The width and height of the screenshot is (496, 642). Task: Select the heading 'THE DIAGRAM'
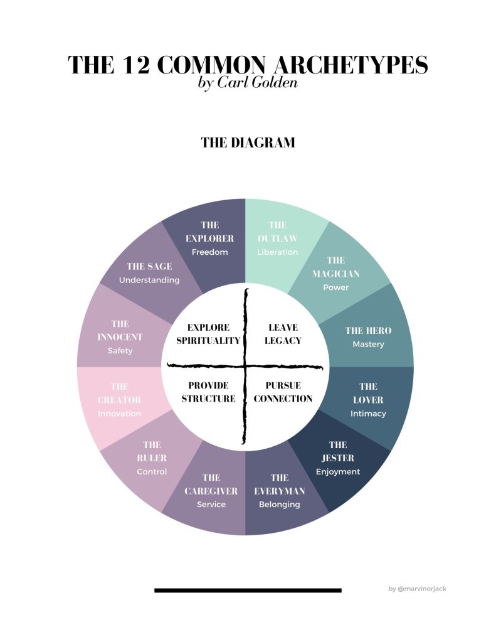pos(248,143)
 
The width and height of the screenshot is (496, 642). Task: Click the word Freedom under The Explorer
pos(209,252)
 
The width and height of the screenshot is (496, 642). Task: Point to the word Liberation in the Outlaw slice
pos(277,252)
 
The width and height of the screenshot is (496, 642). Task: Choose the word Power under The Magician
pos(335,287)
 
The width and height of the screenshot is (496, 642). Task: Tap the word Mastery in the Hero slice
pos(368,345)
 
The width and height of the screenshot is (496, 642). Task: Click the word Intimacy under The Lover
pos(368,414)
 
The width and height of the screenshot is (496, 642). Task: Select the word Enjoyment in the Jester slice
pos(338,472)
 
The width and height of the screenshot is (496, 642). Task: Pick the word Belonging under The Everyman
pos(280,505)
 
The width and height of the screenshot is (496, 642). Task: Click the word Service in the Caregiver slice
pos(211,505)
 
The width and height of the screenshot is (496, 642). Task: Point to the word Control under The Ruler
pos(152,471)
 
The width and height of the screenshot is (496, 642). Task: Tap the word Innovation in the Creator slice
pos(119,414)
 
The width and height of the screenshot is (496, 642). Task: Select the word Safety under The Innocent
pos(120,351)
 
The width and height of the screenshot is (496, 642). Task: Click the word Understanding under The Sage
pos(149,280)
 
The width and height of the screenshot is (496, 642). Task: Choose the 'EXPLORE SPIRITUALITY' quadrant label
pos(208,334)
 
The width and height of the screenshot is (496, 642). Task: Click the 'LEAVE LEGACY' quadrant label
pos(283,334)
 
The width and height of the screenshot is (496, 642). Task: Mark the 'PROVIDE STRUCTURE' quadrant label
pos(208,392)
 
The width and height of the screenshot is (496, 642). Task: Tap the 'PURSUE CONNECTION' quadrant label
pos(283,392)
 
